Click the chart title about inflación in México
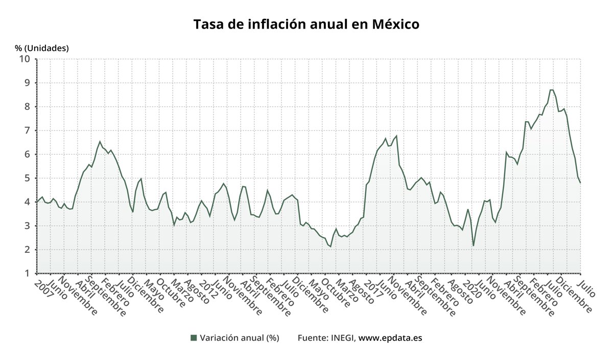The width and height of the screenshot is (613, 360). (x=306, y=24)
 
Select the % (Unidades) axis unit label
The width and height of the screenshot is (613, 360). (x=41, y=48)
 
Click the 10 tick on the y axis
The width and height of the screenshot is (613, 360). (x=25, y=59)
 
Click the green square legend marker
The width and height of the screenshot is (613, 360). (x=193, y=338)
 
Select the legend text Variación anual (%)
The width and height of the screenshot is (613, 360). (x=239, y=338)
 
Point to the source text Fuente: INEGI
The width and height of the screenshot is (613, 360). (x=326, y=338)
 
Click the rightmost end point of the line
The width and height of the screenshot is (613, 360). (x=580, y=183)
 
